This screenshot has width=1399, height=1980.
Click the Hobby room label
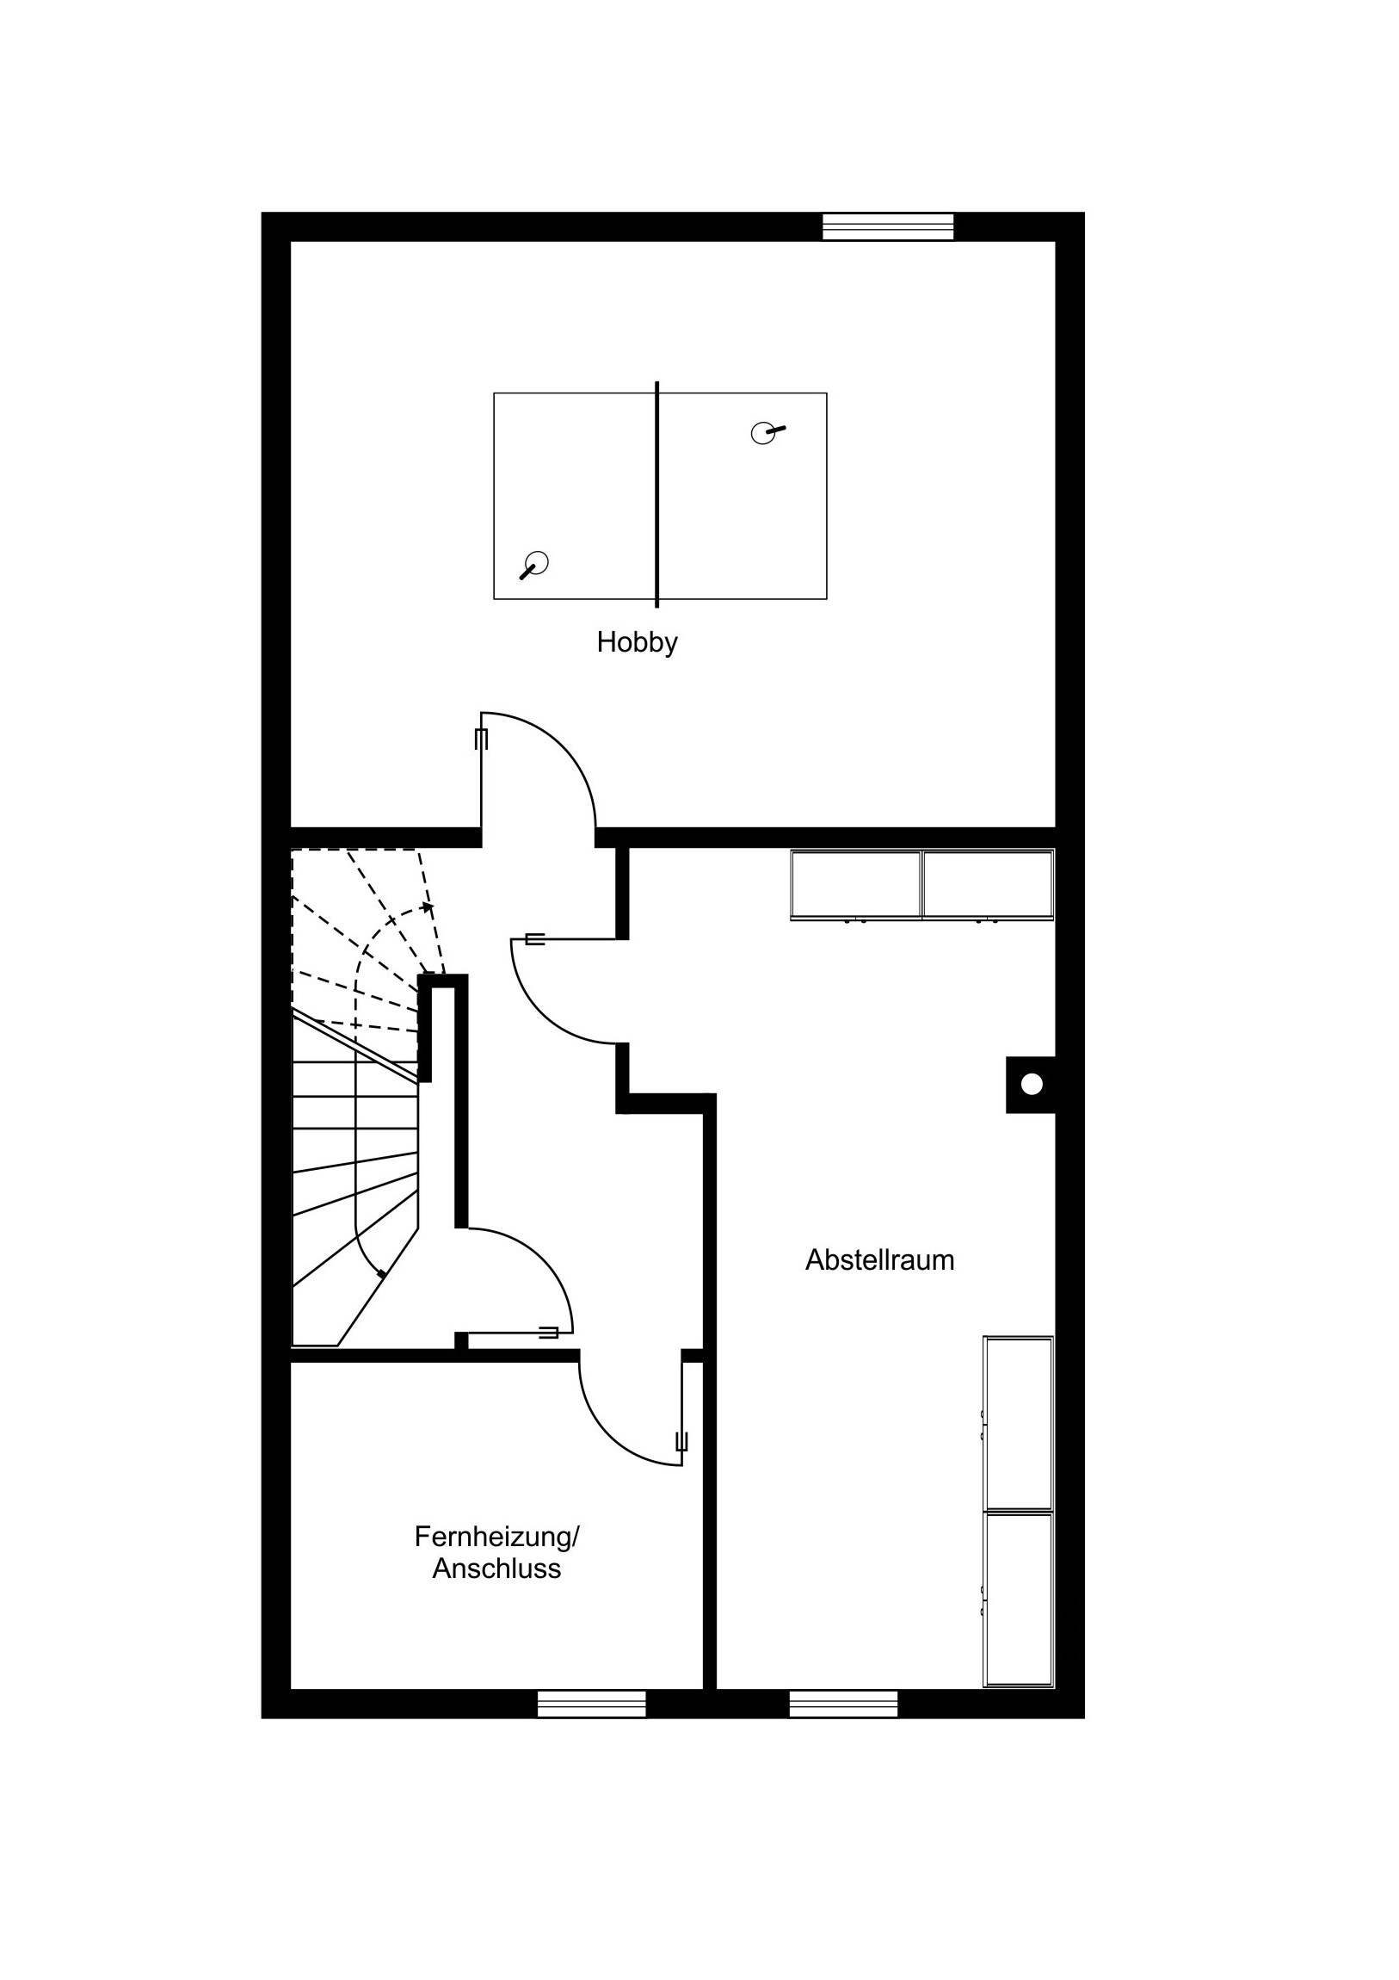tap(637, 643)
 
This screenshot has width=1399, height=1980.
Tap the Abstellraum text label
tap(879, 1261)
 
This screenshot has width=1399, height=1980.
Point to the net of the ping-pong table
tap(656, 494)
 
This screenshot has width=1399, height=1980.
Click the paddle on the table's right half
tap(767, 431)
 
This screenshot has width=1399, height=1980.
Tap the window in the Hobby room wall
tap(889, 226)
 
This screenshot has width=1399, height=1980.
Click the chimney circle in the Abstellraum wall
tap(1032, 1084)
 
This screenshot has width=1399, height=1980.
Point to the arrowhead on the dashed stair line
tap(428, 907)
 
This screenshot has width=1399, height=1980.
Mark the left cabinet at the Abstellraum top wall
tap(856, 885)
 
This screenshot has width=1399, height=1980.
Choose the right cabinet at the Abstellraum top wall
tap(988, 885)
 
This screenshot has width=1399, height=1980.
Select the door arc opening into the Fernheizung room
tap(610, 1433)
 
